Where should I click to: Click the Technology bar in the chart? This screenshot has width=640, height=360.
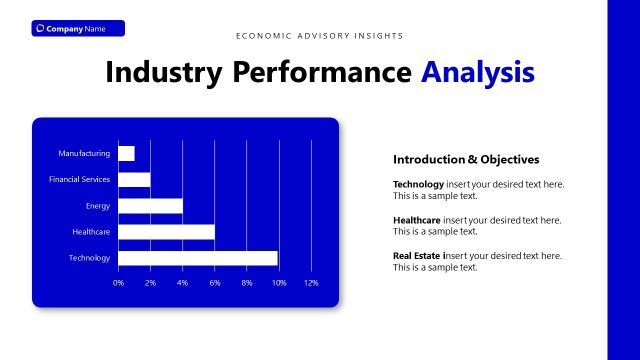coord(198,258)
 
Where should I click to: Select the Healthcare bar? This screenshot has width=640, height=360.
coord(166,232)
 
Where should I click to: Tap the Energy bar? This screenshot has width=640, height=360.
coord(150,206)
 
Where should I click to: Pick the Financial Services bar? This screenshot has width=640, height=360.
coord(134,180)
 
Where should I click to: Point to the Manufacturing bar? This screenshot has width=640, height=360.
coord(126,153)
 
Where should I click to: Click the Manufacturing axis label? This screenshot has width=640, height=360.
coord(84,153)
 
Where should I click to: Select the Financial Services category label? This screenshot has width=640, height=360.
coord(79,180)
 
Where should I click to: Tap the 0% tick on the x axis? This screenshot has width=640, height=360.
coord(118,284)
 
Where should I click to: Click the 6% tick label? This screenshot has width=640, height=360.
coord(215,284)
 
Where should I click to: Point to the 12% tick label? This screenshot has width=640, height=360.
coord(311,284)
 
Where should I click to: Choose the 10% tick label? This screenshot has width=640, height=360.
coord(279,284)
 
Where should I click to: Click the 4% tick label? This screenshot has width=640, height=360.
coord(182,284)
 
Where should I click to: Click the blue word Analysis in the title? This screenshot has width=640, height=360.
coord(477,72)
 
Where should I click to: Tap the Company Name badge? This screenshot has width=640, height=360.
coord(78,28)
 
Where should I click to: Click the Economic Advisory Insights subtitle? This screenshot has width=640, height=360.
coord(320,36)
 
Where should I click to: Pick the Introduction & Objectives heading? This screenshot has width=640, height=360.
coord(466,159)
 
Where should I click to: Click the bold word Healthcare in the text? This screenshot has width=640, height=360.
coord(417,220)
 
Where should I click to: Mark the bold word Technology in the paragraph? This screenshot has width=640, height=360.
coord(418,184)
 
